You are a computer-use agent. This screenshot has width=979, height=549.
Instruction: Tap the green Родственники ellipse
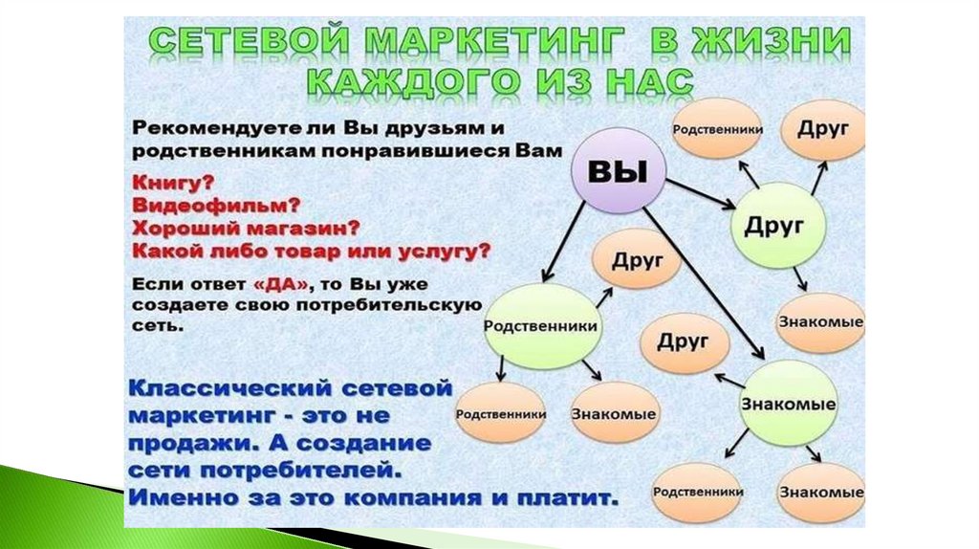[541, 326]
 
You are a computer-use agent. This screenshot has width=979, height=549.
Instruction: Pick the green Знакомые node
[788, 403]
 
